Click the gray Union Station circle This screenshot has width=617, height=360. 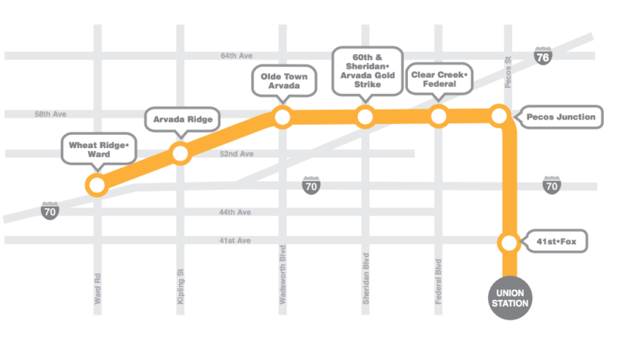point(509,297)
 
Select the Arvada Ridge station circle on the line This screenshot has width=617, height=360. point(180,153)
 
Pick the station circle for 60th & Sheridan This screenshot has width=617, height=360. point(365,117)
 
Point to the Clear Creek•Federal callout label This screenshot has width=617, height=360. point(439,80)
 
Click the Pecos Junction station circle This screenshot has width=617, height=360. point(499,117)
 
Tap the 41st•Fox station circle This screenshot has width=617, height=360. point(508,243)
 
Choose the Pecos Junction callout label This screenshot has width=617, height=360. point(561,117)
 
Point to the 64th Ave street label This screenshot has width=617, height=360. point(236,56)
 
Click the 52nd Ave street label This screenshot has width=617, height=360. point(237,154)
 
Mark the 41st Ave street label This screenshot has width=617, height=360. point(236,241)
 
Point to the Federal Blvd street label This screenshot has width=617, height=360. point(438,282)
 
